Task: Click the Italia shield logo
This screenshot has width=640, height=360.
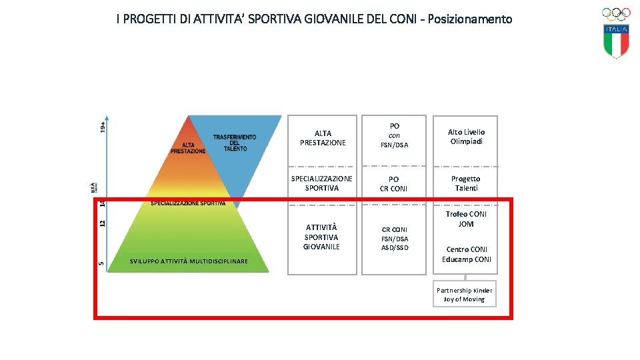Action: (617, 41)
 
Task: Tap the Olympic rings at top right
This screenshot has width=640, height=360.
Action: (616, 13)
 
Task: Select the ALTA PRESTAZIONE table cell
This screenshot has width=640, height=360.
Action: (323, 138)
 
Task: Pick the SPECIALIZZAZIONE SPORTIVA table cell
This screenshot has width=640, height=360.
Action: (322, 183)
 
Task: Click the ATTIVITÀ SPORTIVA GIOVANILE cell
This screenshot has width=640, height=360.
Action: (322, 237)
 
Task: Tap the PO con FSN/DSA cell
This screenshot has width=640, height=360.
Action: (394, 135)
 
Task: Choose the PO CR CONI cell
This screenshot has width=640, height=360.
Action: (394, 184)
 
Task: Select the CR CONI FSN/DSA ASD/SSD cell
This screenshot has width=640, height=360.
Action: (395, 239)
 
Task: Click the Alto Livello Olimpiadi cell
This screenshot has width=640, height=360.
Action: (466, 137)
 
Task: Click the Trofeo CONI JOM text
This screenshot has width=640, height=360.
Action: (466, 219)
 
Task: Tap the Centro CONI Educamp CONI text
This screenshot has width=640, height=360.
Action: (466, 255)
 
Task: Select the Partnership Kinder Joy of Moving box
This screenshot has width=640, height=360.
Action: (465, 295)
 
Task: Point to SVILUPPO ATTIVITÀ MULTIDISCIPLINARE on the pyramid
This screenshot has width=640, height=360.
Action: (189, 261)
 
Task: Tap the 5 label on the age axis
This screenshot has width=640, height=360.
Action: (101, 264)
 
